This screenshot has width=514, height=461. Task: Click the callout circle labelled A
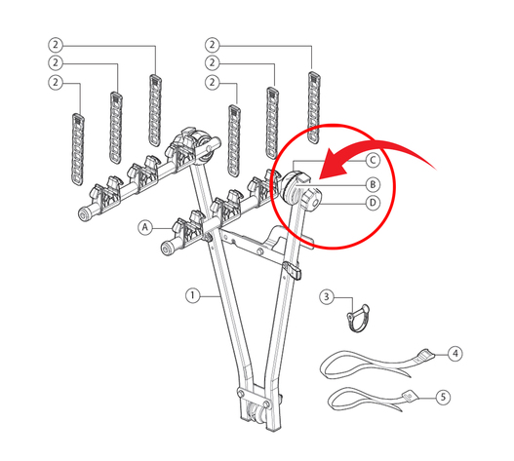point(145,227)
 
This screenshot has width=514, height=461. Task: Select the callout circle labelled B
point(373,185)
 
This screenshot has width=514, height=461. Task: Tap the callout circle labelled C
point(373,161)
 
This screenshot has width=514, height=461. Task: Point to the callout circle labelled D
point(373,203)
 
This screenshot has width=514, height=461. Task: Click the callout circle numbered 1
point(193,295)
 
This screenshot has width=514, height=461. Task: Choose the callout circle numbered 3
point(327,297)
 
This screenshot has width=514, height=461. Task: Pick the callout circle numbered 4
point(455,354)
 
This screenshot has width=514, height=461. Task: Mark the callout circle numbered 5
point(443,397)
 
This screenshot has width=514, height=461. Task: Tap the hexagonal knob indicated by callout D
point(311,200)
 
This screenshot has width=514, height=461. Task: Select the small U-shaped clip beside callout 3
point(358,318)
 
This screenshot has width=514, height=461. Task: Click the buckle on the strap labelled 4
point(426,355)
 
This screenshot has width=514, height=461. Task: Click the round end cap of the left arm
point(85,213)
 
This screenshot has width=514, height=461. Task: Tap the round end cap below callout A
point(168,248)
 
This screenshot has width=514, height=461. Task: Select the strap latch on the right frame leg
point(293,270)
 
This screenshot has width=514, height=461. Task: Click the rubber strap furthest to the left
point(78,149)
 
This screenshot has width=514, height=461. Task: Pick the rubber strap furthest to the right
point(314,107)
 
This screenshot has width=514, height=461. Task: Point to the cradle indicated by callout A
point(187,229)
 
